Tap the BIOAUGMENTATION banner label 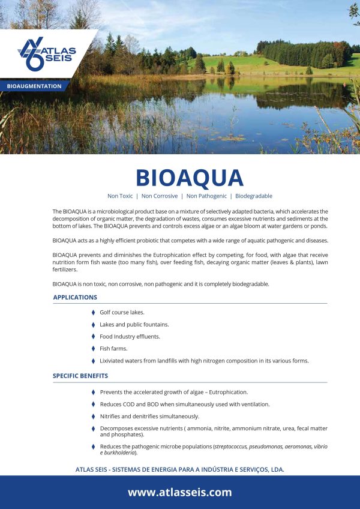[34, 86]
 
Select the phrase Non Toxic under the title [120, 196]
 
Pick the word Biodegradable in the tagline [254, 196]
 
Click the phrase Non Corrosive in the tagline [160, 196]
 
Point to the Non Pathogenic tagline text [206, 196]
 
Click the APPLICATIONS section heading [75, 297]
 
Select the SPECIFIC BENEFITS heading [80, 376]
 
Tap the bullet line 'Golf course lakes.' [122, 313]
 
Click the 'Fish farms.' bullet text [113, 349]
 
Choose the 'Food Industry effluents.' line [130, 337]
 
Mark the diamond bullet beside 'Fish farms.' [93, 349]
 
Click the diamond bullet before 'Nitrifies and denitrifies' [93, 416]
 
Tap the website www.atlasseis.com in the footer [179, 492]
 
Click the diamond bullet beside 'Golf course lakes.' [93, 313]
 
